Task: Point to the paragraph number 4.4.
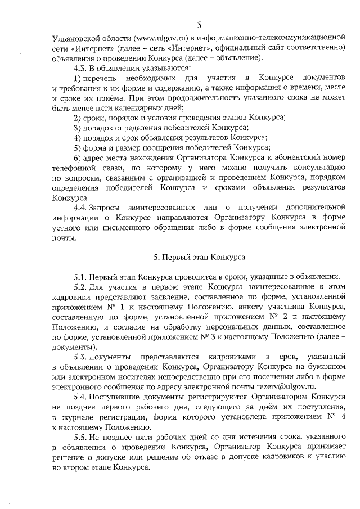click(81, 208)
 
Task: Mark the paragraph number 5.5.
click(82, 436)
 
